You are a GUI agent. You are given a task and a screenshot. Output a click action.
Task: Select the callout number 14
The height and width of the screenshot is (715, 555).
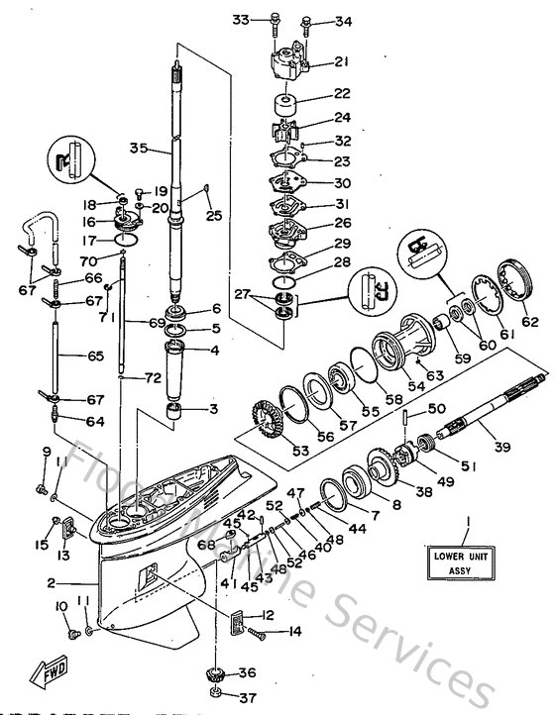click(293, 631)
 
